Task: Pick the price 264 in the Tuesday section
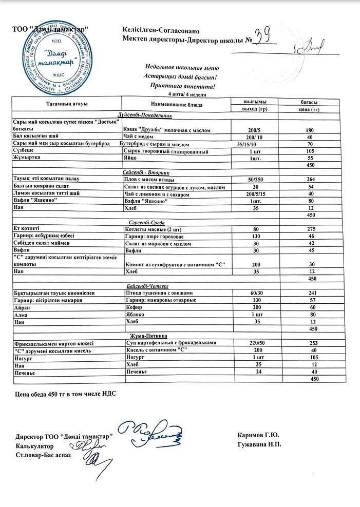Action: (310, 180)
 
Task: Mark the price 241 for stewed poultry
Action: (310, 292)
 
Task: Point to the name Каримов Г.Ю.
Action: (258, 436)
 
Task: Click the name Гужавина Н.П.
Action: (259, 444)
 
